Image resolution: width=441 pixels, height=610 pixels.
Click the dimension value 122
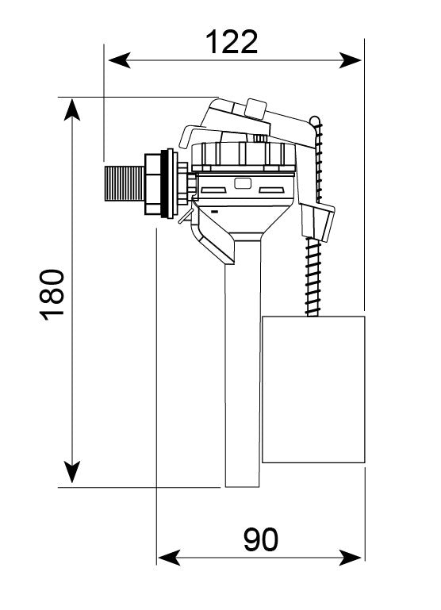pyautogui.click(x=232, y=41)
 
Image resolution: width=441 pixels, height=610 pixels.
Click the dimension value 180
pyautogui.click(x=52, y=293)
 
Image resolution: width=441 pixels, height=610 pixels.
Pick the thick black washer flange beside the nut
pyautogui.click(x=167, y=183)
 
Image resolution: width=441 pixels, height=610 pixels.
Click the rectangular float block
pyautogui.click(x=313, y=389)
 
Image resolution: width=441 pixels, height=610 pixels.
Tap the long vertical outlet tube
pyautogui.click(x=242, y=373)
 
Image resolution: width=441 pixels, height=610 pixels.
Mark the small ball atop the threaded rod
pyautogui.click(x=316, y=121)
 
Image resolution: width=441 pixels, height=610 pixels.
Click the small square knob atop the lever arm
pyautogui.click(x=256, y=107)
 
